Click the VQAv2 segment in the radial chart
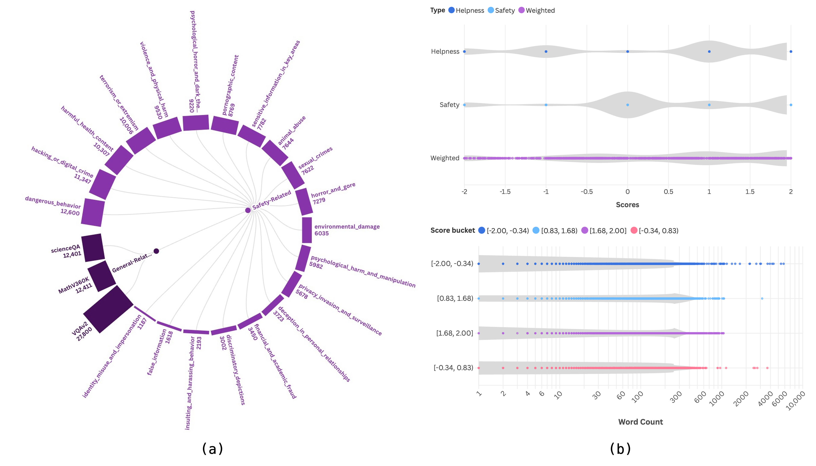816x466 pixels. click(x=108, y=309)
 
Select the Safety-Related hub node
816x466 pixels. click(x=248, y=210)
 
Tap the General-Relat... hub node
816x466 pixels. click(x=156, y=251)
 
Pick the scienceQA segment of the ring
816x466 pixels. click(x=93, y=247)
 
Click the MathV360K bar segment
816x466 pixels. click(x=102, y=276)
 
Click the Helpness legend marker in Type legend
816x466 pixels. click(x=451, y=10)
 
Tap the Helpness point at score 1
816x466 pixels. click(x=709, y=51)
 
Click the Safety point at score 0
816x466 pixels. click(x=627, y=105)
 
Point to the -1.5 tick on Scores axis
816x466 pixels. click(x=505, y=192)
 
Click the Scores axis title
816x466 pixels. click(x=627, y=205)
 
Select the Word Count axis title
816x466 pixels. click(x=640, y=422)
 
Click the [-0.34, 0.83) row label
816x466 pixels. click(x=453, y=368)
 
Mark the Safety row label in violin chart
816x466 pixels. click(x=449, y=105)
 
